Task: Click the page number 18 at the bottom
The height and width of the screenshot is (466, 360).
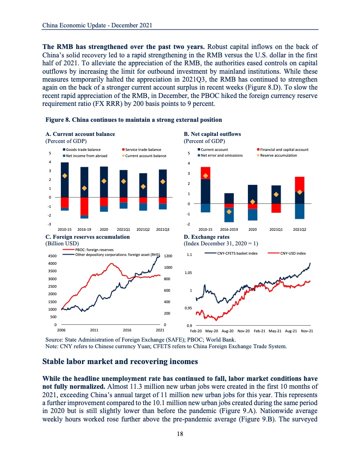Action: click(x=180, y=434)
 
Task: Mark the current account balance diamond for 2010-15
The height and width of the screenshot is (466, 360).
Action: click(x=64, y=176)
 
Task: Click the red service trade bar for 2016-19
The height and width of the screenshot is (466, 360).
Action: click(x=84, y=206)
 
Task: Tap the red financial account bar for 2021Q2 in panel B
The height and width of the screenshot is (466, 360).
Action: click(x=300, y=184)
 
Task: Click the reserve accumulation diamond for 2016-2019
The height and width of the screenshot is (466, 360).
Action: click(x=229, y=211)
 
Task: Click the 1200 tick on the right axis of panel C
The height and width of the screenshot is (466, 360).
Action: click(x=168, y=256)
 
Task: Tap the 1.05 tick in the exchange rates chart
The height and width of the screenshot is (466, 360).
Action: click(x=189, y=273)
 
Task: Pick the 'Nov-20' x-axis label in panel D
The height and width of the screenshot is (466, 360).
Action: click(x=244, y=331)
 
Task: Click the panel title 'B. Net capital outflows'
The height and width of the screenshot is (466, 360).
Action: click(x=212, y=134)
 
